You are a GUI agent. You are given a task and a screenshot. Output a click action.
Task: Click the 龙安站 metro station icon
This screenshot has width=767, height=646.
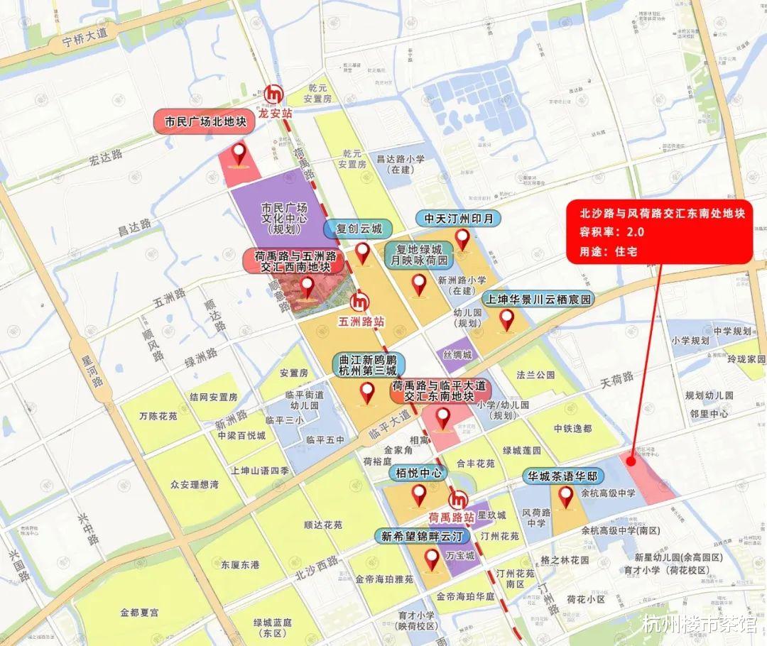[273, 93]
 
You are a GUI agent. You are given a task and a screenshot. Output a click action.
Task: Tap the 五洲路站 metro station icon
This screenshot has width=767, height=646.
[361, 301]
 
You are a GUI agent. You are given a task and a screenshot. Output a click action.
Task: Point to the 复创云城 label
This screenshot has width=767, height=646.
[359, 229]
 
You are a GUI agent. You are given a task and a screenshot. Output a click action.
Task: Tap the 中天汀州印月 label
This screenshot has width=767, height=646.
[458, 218]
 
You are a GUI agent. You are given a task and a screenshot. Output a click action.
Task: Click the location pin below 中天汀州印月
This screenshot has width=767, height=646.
[463, 240]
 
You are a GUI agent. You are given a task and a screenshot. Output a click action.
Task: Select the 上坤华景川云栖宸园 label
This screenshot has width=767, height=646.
[538, 299]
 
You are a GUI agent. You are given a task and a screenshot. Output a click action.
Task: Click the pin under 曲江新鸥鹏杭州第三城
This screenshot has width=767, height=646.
[367, 392]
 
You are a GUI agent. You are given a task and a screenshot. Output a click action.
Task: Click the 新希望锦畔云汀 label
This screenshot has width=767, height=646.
[422, 536]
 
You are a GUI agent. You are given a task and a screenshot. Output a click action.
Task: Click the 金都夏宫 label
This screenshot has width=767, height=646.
[140, 612]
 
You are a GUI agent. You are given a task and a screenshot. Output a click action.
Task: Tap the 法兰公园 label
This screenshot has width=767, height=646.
[535, 374]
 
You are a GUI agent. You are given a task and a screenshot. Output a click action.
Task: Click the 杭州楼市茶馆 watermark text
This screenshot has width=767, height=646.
[699, 625]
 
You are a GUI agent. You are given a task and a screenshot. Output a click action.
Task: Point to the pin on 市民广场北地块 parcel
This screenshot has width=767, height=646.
[239, 154]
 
